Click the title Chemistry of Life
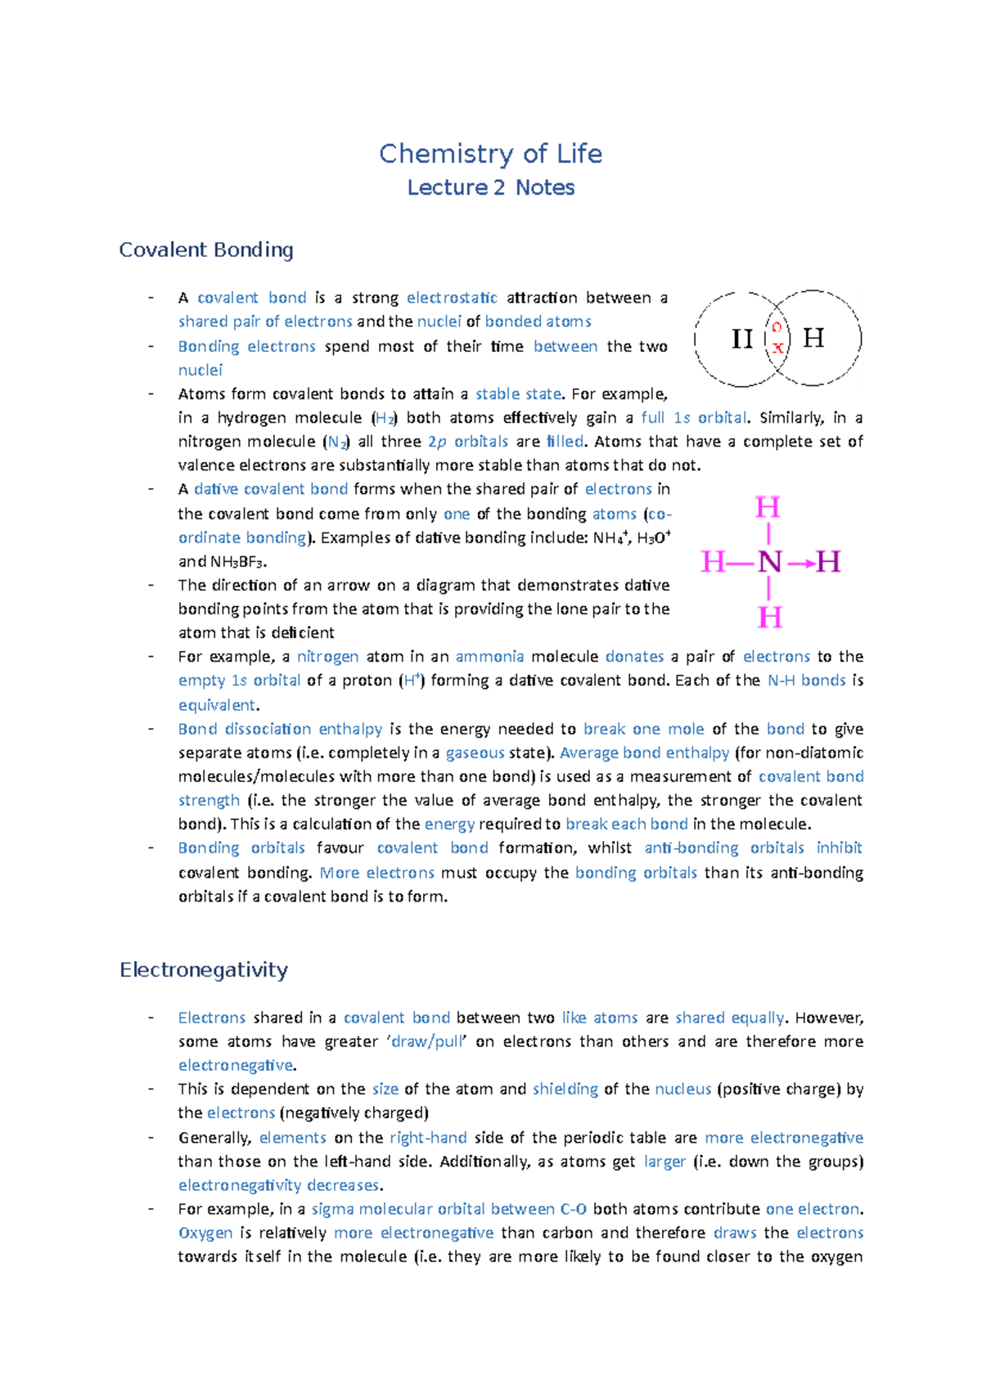tap(490, 154)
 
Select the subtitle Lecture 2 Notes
tap(490, 187)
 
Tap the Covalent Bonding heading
tap(205, 249)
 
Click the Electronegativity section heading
tap(203, 969)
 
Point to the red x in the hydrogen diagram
tap(777, 348)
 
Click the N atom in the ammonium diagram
tap(769, 562)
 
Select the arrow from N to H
tap(802, 563)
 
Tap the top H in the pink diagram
tap(768, 508)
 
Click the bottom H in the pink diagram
tap(769, 617)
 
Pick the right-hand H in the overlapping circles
tap(813, 337)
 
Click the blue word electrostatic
tap(452, 298)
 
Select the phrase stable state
tap(518, 393)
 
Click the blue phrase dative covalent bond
tap(271, 489)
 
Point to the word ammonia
tap(489, 656)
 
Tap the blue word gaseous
tap(475, 753)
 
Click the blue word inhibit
tap(839, 847)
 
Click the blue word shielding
tap(565, 1089)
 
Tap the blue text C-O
tap(573, 1209)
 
